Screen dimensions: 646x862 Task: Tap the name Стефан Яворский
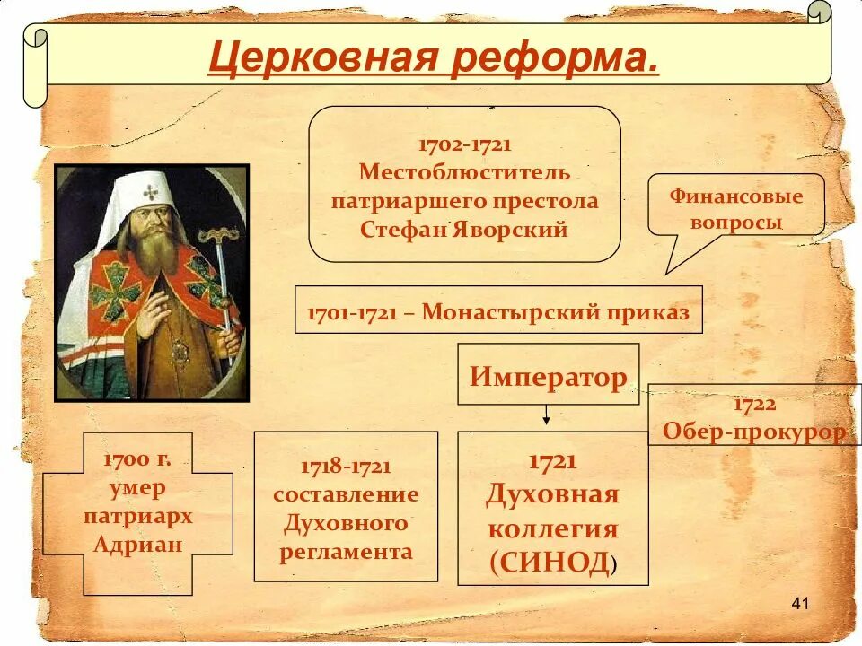click(x=464, y=229)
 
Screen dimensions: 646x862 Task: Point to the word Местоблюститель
click(x=464, y=171)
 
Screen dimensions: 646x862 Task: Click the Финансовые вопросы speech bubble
click(x=736, y=208)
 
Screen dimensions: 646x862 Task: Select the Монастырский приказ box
click(x=498, y=310)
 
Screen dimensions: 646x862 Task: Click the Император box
click(x=548, y=375)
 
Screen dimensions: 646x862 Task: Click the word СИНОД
click(x=551, y=563)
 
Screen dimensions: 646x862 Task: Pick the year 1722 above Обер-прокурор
click(x=755, y=405)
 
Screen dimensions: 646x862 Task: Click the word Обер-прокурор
click(x=754, y=432)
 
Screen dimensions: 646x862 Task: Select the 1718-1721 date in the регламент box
click(x=346, y=467)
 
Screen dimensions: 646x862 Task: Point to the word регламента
click(x=346, y=551)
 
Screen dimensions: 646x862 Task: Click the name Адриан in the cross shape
click(x=137, y=545)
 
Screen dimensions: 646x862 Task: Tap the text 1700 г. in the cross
click(x=137, y=460)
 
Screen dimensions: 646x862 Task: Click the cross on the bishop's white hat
click(x=151, y=192)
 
